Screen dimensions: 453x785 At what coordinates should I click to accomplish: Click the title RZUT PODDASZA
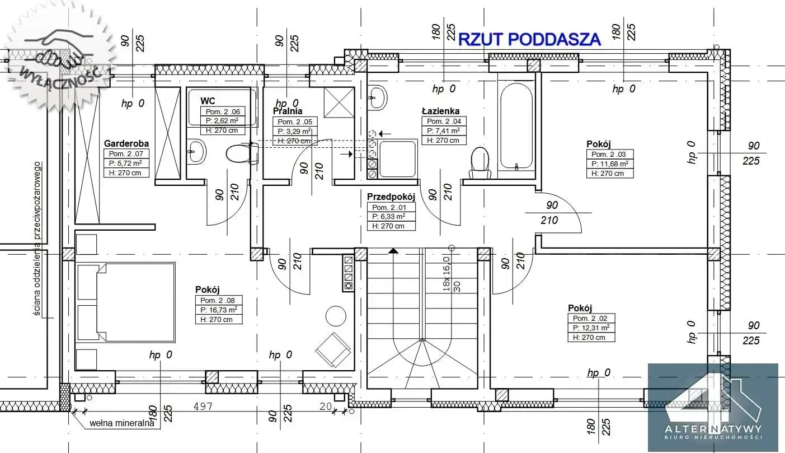pos(529,39)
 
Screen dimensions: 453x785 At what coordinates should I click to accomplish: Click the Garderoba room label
pos(126,143)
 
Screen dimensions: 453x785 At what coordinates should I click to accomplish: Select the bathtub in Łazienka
pos(516,126)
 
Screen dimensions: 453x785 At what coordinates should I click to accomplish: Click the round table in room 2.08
pos(336,316)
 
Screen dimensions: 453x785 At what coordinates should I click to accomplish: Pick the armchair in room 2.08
pos(333,349)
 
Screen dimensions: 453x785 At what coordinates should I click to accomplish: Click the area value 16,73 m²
pos(218,310)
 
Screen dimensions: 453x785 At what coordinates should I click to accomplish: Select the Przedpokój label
pos(391,197)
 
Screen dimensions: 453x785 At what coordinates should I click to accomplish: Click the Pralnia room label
pos(288,111)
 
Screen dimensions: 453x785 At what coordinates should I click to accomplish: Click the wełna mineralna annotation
pos(122,423)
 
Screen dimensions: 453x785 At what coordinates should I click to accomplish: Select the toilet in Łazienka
pos(480,160)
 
